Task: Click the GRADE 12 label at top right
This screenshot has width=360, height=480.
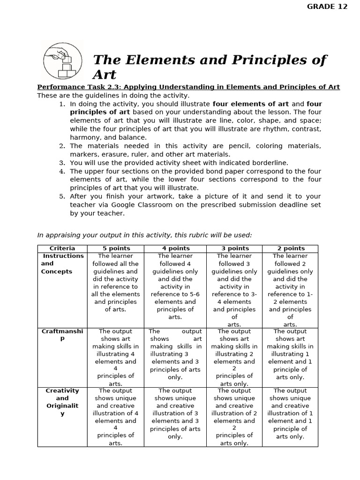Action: click(x=327, y=6)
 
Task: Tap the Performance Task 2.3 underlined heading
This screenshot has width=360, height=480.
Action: click(x=188, y=87)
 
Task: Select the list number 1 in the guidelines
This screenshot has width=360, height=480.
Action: click(x=62, y=104)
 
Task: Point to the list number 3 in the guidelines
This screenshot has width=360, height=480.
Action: click(x=62, y=163)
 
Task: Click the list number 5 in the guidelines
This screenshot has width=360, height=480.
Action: click(x=62, y=196)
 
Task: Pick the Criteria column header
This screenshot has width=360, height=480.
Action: click(x=62, y=248)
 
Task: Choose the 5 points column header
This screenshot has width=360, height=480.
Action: click(x=116, y=248)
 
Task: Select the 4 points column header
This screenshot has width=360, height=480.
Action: click(x=175, y=248)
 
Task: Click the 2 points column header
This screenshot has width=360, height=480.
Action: click(x=290, y=248)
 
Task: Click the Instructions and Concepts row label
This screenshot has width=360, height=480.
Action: click(x=62, y=264)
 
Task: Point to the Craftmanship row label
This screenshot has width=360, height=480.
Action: click(x=62, y=335)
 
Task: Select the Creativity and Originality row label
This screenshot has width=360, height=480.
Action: click(x=62, y=402)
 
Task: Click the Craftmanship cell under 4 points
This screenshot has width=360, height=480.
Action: click(x=175, y=354)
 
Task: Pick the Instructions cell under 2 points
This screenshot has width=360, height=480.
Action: click(x=290, y=290)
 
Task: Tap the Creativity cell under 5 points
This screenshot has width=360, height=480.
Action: click(x=116, y=417)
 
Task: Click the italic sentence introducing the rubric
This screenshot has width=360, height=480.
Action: click(x=144, y=235)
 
